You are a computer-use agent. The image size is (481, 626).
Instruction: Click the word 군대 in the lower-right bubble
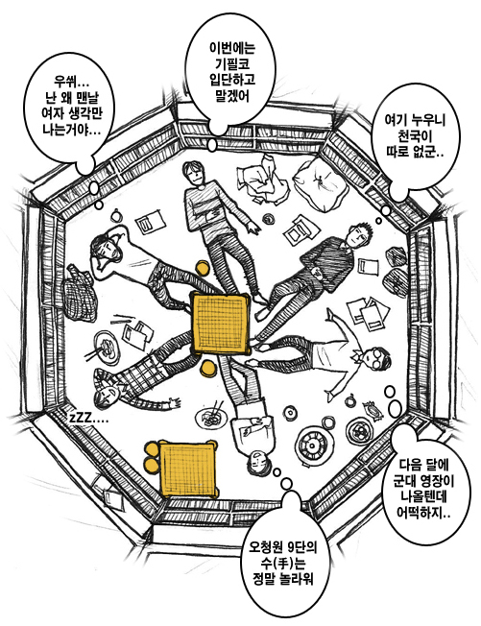click(406, 481)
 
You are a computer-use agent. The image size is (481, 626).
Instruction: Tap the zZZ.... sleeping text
click(88, 419)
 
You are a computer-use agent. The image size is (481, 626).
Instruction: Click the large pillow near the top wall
click(319, 184)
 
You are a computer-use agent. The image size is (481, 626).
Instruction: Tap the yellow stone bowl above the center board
click(203, 268)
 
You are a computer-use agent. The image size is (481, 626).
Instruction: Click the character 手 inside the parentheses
click(282, 564)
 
